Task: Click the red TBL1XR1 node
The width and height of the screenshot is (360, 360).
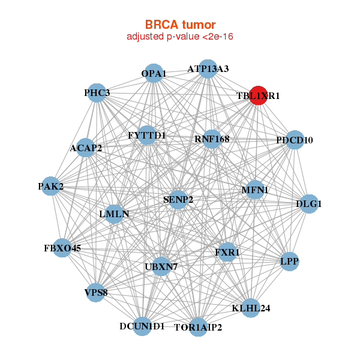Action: click(258, 95)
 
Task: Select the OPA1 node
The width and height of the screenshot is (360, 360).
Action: click(154, 73)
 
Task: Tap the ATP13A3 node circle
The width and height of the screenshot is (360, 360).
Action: click(208, 68)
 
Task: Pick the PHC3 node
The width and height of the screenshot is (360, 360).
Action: click(97, 93)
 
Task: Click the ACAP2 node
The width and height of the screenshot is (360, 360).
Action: click(86, 148)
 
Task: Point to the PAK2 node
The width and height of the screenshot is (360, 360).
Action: click(51, 187)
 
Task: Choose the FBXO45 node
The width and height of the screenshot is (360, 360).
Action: click(62, 247)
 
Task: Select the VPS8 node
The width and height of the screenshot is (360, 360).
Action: click(96, 293)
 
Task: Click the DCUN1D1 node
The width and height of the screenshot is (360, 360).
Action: click(142, 326)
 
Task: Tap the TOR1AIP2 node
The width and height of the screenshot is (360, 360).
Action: click(198, 328)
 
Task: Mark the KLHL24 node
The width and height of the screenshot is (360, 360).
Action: click(251, 308)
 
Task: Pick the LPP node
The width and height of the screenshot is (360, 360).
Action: click(289, 262)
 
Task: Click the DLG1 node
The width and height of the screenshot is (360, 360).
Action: click(309, 204)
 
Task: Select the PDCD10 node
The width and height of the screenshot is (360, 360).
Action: click(295, 140)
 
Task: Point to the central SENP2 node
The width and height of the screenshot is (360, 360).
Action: click(178, 199)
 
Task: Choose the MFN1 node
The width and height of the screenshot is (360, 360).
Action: click(255, 190)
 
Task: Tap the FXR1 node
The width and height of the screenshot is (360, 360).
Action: click(227, 253)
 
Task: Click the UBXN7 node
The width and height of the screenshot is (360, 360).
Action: click(161, 266)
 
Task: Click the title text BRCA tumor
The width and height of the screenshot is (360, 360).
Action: click(179, 25)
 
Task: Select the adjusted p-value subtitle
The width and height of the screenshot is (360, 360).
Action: click(179, 37)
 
